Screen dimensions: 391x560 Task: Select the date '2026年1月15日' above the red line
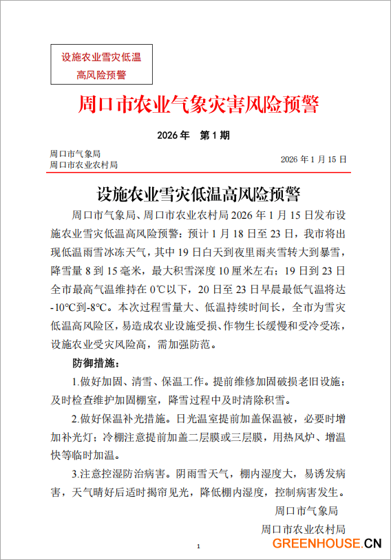point(313,159)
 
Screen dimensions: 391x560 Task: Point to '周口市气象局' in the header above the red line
point(76,153)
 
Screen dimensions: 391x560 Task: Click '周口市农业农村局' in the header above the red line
point(83,165)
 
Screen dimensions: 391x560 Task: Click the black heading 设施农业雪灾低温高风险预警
point(198,191)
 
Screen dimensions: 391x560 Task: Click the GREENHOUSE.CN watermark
point(326,543)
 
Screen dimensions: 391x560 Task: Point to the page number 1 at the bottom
point(198,546)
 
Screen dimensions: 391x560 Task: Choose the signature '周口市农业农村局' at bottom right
point(303,529)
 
